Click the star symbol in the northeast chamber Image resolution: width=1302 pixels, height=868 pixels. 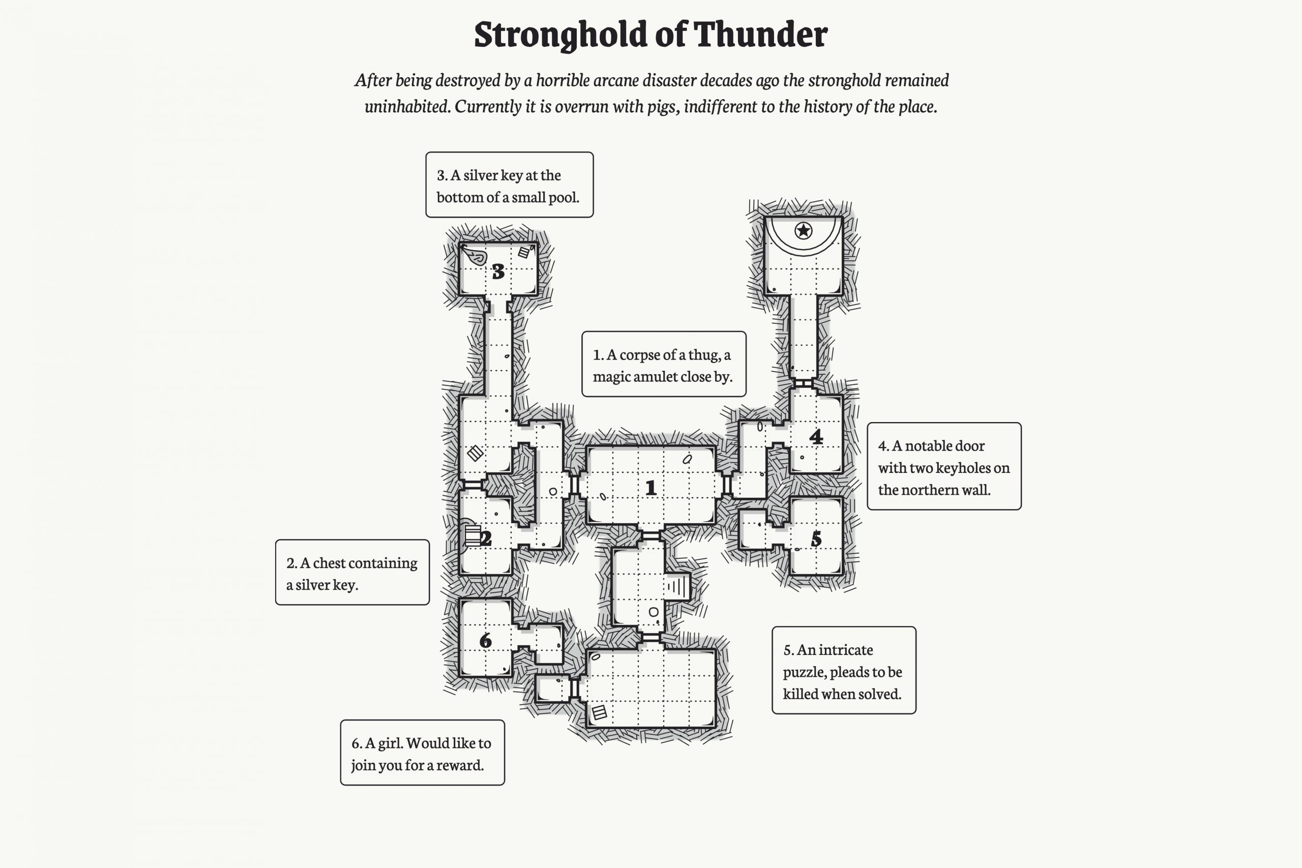point(803,230)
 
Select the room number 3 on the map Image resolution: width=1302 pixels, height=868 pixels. point(498,271)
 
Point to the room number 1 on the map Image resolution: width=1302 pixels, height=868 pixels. point(651,488)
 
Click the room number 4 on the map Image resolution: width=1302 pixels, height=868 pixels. point(816,437)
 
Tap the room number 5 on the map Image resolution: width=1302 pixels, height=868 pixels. point(816,538)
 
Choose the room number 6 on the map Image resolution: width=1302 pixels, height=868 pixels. point(486,641)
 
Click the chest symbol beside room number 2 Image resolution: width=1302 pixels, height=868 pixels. point(472,535)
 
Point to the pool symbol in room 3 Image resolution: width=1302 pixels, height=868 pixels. point(475,256)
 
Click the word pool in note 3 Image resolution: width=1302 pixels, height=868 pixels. point(563,197)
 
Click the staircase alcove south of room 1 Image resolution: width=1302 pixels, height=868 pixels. point(678,586)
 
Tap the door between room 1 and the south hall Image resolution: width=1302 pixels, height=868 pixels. point(651,535)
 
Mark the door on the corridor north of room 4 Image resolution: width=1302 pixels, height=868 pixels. point(803,382)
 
